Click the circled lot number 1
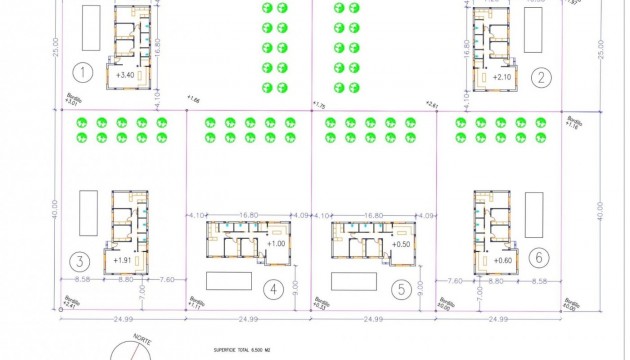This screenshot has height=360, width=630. click(83, 72)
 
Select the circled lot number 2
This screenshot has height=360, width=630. click(541, 77)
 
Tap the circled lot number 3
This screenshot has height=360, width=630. click(78, 262)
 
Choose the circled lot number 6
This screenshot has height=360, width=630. click(539, 258)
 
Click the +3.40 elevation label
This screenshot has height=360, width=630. click(126, 75)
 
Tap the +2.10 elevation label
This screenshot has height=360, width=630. click(501, 77)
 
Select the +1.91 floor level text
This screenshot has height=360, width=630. click(123, 260)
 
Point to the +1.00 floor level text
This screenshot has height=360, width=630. click(276, 244)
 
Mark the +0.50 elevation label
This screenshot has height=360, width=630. click(401, 244)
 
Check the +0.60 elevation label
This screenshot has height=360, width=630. click(502, 260)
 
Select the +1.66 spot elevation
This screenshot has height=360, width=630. click(194, 99)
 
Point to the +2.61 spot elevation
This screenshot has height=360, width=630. click(432, 103)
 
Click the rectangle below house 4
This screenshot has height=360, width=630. click(230, 278)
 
